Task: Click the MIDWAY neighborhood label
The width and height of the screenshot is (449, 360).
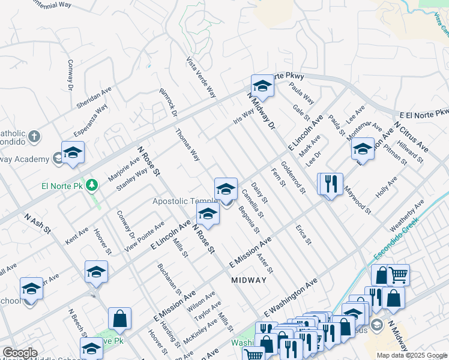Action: [x=249, y=280]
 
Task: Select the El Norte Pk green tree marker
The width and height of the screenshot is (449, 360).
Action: [x=92, y=184]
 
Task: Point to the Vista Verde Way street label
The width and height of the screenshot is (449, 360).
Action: [x=200, y=77]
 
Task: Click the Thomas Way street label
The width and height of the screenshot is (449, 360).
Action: [x=187, y=145]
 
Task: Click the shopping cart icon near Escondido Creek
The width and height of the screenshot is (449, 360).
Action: [x=399, y=275]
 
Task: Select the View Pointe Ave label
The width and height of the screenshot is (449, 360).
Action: [x=143, y=237]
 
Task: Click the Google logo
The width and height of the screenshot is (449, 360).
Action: [x=20, y=353]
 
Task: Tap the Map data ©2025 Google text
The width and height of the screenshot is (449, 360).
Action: [x=411, y=355]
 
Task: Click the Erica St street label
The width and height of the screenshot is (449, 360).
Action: [x=304, y=235]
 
